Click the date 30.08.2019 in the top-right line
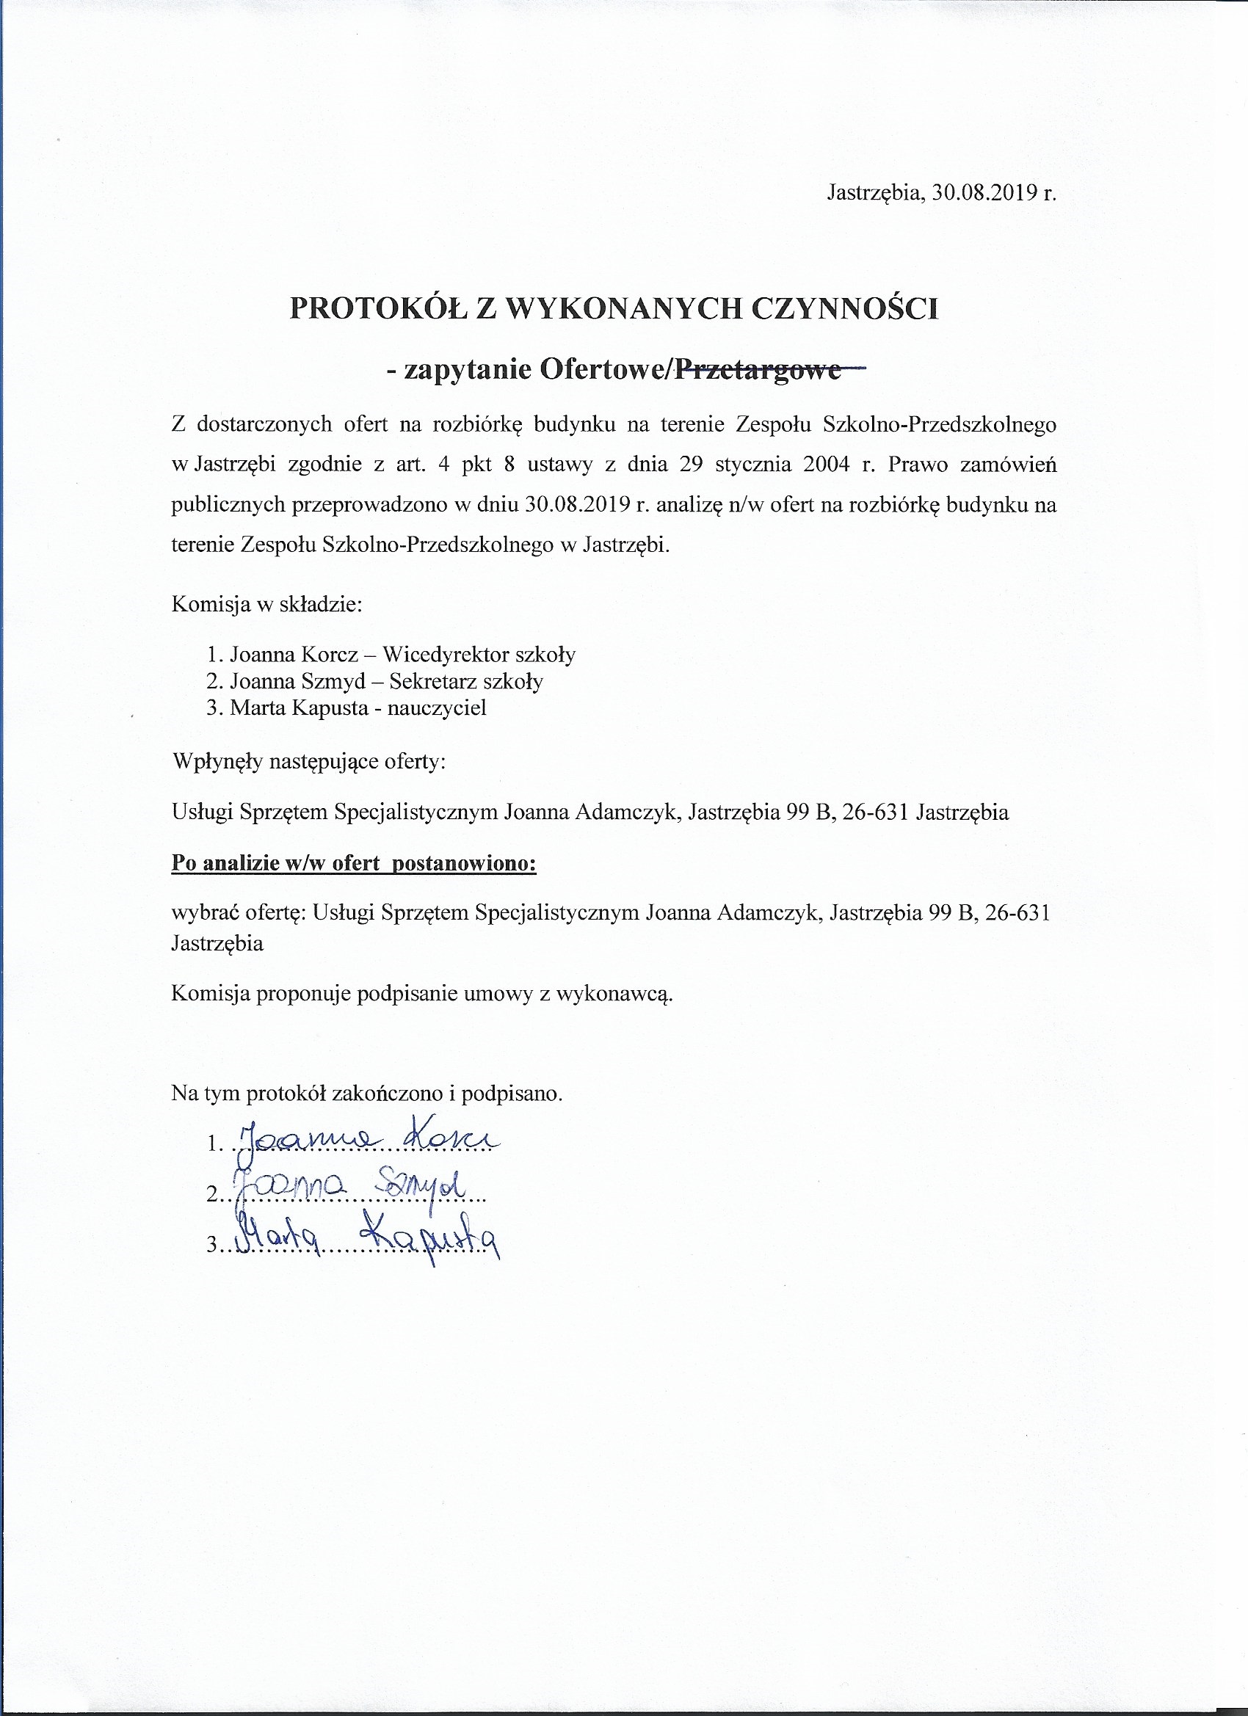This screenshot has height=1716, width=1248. pos(982,193)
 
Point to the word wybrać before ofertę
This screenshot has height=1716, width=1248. pos(198,914)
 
